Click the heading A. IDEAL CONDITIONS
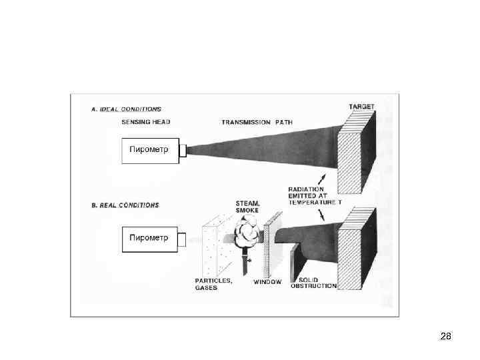coord(127,109)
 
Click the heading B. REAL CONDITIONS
coord(125,205)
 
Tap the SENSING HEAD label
coord(147,123)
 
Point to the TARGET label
coord(362,107)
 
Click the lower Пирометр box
coord(149,239)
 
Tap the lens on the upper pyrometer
coord(182,150)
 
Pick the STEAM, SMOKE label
coord(247,207)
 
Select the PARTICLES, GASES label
coord(213,284)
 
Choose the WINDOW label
coord(267,282)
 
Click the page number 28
coord(446,336)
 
